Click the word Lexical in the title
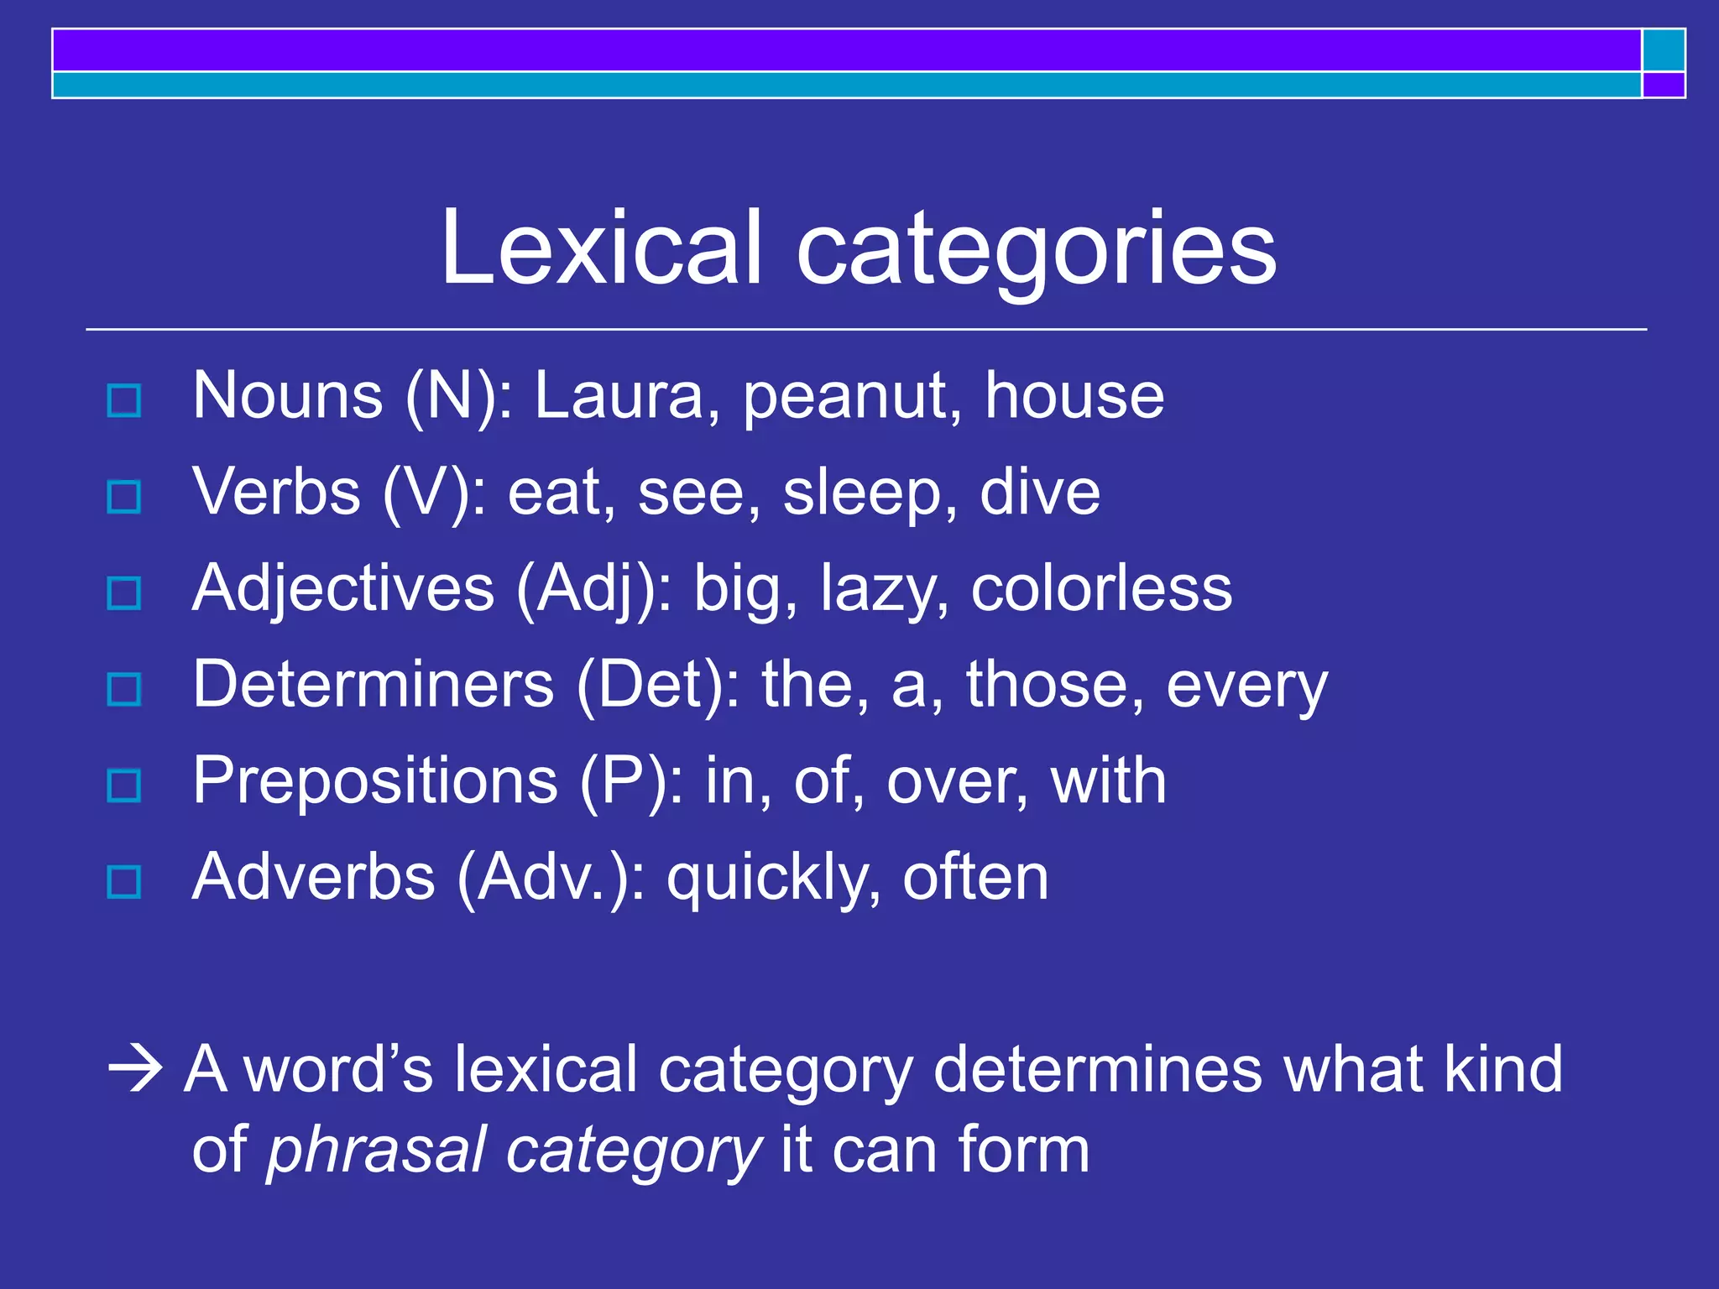click(x=601, y=248)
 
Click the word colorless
click(x=1101, y=588)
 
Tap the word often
click(x=975, y=877)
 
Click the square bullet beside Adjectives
click(x=124, y=593)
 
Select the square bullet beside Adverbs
click(x=124, y=882)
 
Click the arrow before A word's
click(x=135, y=1071)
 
